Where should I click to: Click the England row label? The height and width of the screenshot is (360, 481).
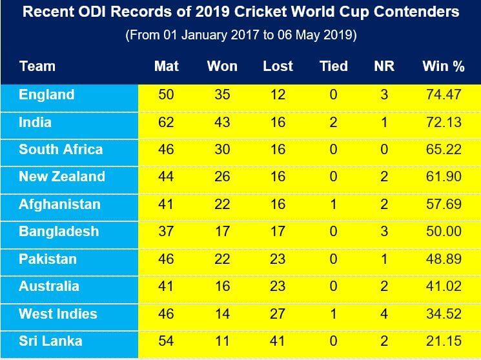click(46, 95)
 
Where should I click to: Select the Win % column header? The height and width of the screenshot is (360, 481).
click(444, 66)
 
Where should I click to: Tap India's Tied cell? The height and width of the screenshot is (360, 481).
click(333, 123)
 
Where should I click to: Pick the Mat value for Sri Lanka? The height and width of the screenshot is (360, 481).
click(166, 342)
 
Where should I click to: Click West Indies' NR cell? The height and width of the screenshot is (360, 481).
click(384, 314)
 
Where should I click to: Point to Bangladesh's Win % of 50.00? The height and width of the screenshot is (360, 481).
click(444, 232)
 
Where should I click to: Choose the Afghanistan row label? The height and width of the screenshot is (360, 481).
click(59, 205)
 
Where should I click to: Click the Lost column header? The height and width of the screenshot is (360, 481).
click(278, 66)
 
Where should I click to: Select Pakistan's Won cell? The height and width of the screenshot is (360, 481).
click(222, 259)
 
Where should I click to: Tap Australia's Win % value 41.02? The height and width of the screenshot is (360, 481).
click(444, 286)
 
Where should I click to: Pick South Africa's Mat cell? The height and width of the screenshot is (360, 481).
click(166, 150)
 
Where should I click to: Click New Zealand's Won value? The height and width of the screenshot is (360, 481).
click(222, 177)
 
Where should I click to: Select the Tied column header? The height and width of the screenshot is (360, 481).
click(333, 66)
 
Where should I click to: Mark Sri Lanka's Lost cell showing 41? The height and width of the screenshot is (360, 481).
click(278, 342)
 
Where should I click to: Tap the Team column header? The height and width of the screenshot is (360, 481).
click(37, 66)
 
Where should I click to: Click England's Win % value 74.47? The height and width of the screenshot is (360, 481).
click(444, 95)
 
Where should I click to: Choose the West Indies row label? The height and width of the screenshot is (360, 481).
click(57, 314)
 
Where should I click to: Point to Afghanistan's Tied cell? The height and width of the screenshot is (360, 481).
click(333, 205)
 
